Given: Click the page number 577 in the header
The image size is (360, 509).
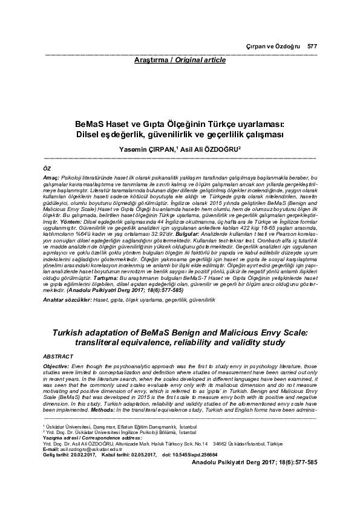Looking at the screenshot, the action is click(x=312, y=47).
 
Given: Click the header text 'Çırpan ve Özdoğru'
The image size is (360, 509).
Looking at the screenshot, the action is click(x=280, y=47).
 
